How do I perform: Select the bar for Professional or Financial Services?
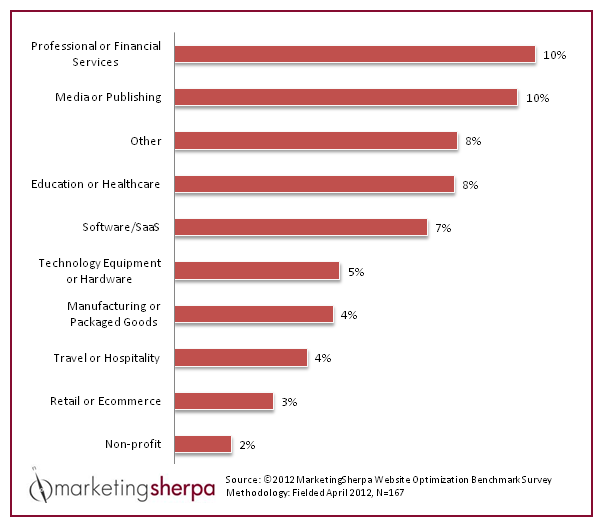[x=355, y=54]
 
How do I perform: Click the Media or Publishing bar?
[x=346, y=97]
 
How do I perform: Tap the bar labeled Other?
[x=316, y=141]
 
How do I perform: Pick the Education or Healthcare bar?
[x=315, y=184]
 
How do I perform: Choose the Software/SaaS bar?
[x=301, y=227]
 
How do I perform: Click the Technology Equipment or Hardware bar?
[x=257, y=271]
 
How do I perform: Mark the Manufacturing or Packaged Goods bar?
[x=254, y=314]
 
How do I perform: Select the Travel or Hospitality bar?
[x=241, y=357]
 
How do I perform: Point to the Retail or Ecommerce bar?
[x=224, y=401]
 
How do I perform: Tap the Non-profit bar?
[x=203, y=444]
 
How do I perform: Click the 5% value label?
[x=356, y=272]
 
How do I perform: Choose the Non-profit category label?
[x=133, y=444]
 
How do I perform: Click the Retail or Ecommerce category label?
[x=105, y=401]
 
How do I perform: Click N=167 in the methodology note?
[x=387, y=493]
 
